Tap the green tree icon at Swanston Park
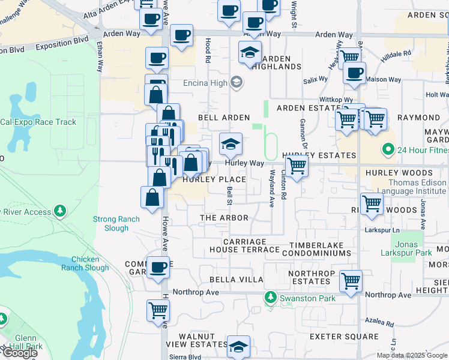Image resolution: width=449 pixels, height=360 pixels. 271,297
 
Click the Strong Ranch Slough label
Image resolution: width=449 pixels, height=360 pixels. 116,224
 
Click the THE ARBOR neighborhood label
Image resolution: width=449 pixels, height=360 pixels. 224,217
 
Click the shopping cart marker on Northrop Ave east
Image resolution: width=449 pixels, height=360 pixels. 351,280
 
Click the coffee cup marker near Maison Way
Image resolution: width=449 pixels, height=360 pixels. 354,73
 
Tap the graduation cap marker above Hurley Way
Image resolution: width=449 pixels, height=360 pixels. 231,143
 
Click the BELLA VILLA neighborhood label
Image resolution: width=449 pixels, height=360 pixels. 236,280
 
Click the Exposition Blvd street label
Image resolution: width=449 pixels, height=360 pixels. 62,44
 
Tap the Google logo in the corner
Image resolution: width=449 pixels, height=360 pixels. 20,353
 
